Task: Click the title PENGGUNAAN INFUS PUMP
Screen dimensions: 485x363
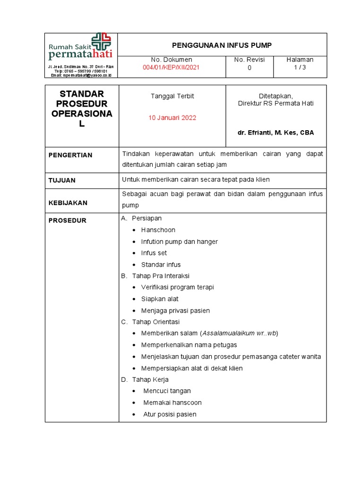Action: coord(222,45)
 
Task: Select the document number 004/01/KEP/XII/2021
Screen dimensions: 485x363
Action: coord(171,68)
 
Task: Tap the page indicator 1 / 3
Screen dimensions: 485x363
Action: coord(300,68)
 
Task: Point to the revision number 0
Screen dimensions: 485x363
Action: coord(250,68)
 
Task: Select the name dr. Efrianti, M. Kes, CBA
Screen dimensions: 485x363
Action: coord(276,133)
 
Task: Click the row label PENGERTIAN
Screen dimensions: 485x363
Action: coord(70,155)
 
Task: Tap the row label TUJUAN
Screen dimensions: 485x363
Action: coord(62,180)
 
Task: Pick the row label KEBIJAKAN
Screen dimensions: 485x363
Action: coord(68,203)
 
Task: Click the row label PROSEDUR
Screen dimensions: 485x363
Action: coord(68,221)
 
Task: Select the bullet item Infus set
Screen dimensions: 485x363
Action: coord(154,253)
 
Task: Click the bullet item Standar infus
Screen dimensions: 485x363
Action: coord(161,264)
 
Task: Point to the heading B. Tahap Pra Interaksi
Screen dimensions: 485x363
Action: coord(155,276)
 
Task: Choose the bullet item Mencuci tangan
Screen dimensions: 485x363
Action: coord(167,391)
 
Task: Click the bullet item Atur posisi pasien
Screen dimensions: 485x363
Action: coord(170,414)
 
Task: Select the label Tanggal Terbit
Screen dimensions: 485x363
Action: coord(172,96)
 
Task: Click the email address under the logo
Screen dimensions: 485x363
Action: coord(80,75)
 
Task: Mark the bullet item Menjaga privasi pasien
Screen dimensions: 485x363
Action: coord(175,311)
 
